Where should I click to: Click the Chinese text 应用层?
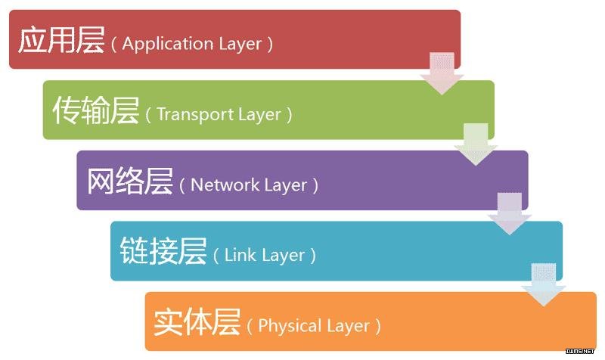(x=61, y=40)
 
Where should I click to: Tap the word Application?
(x=168, y=44)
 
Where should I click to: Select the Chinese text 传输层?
(x=96, y=110)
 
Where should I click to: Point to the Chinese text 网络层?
(x=129, y=181)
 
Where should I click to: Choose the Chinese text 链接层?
(x=163, y=251)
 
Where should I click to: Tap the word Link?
(x=237, y=255)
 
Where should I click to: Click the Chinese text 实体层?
(x=197, y=322)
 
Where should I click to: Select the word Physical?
(x=290, y=326)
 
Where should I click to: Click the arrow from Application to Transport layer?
(x=442, y=73)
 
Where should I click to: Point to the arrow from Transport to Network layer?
(x=476, y=144)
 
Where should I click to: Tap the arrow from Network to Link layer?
(x=510, y=214)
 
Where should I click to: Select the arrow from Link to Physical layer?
(x=544, y=285)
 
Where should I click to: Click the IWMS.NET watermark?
(x=580, y=351)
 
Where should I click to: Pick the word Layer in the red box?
(x=240, y=44)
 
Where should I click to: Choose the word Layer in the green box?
(x=259, y=115)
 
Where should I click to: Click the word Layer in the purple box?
(x=286, y=185)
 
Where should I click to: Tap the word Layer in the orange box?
(x=348, y=327)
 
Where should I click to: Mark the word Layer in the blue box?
(x=284, y=256)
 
